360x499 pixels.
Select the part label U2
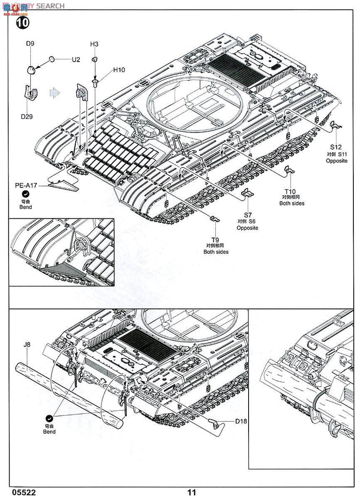[75, 60]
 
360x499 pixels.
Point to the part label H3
[94, 44]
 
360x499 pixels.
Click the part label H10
[119, 70]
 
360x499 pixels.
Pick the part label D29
[27, 116]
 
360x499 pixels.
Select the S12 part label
[336, 147]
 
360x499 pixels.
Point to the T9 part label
[215, 240]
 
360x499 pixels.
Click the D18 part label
[241, 421]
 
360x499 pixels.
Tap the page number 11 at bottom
[191, 492]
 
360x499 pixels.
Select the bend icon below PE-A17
[26, 194]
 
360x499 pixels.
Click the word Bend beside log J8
[49, 432]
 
